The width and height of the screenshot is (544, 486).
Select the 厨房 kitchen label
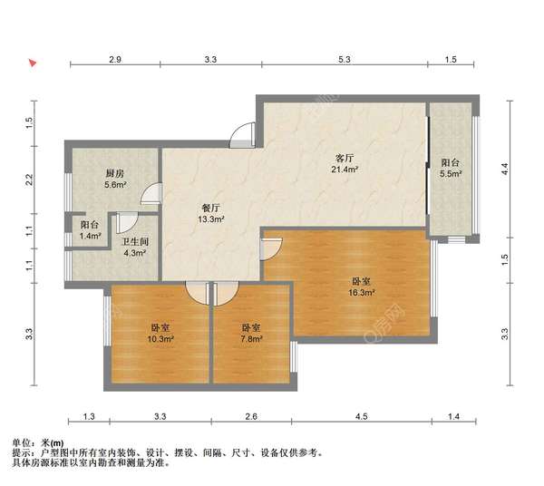coord(114,172)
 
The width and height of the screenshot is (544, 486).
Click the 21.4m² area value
coord(344,170)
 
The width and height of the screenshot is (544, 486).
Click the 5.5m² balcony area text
coord(451,174)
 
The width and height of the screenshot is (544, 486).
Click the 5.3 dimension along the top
coord(345,59)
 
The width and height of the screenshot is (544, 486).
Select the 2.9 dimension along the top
coord(115,59)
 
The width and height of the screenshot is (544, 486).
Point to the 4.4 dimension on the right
coord(506,167)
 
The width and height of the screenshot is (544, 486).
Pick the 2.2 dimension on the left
coord(30,179)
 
